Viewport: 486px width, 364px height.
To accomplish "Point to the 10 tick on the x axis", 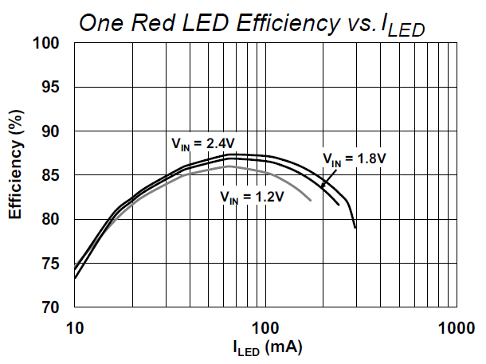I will (74, 327).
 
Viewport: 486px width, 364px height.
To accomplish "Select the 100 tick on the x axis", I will (265, 327).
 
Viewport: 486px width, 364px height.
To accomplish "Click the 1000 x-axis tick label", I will (457, 327).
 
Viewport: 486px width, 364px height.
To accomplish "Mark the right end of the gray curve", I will (311, 202).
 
